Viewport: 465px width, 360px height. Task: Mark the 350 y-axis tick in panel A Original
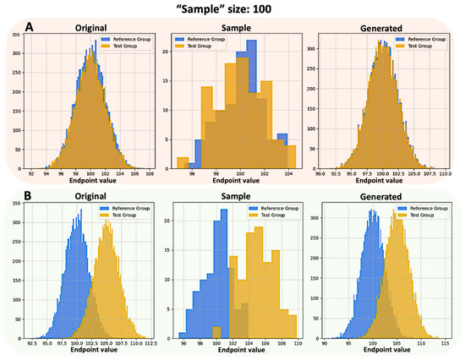point(19,36)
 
